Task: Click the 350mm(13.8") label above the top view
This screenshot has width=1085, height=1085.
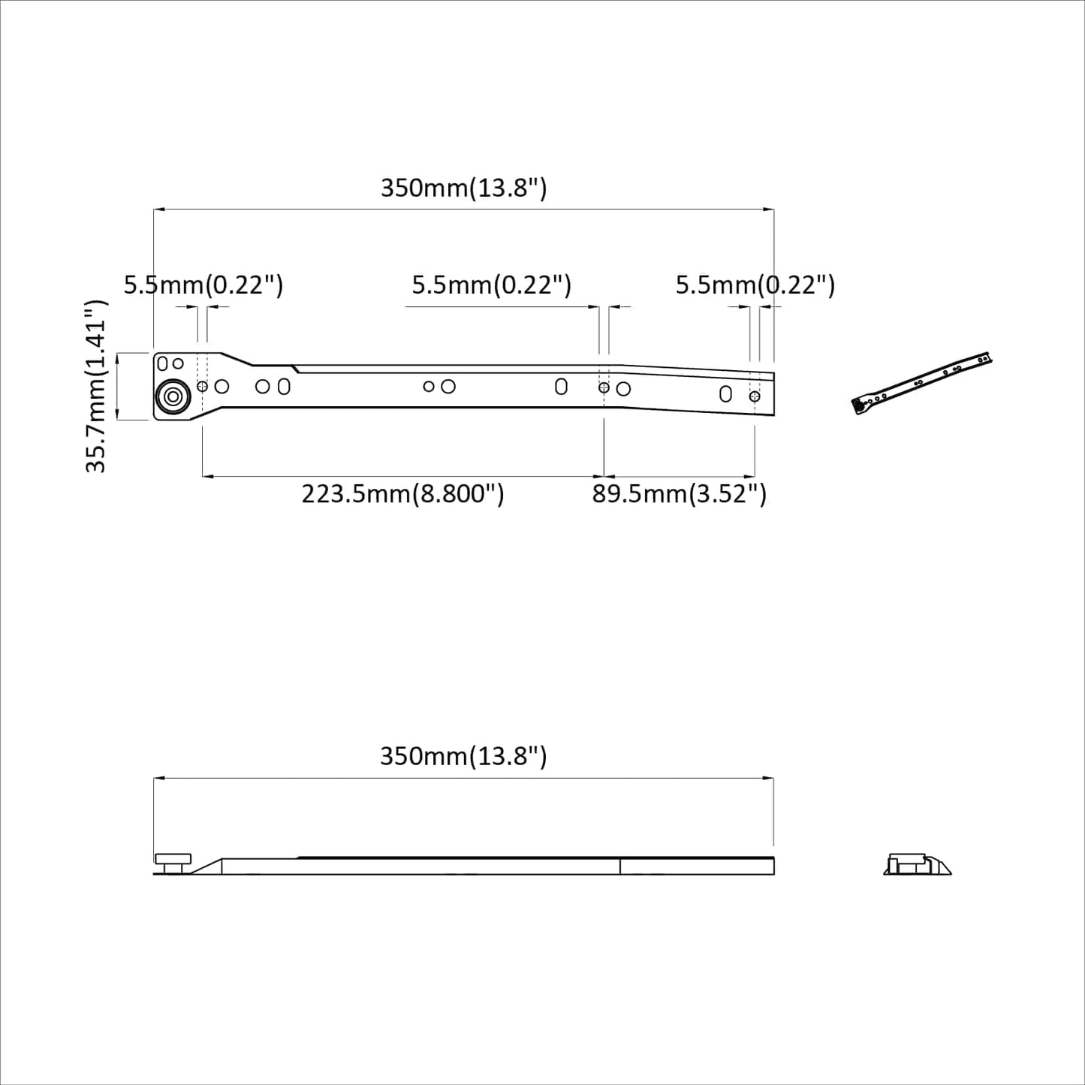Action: click(463, 188)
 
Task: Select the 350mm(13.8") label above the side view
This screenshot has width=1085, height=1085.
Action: click(463, 755)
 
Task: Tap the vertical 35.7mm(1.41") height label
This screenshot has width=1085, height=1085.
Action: click(97, 386)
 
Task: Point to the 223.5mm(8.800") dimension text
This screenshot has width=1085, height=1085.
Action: click(402, 494)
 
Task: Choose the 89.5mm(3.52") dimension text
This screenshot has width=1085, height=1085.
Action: click(679, 494)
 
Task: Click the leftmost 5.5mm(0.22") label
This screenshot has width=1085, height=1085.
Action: click(203, 285)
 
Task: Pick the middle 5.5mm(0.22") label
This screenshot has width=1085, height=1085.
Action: click(492, 285)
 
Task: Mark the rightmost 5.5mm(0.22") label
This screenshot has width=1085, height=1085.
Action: click(755, 285)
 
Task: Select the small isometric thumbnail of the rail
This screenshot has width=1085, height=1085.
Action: click(922, 384)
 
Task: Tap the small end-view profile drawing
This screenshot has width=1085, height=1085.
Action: click(917, 864)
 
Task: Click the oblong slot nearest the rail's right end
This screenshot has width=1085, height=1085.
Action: click(725, 393)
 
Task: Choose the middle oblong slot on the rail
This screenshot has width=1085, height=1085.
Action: click(561, 386)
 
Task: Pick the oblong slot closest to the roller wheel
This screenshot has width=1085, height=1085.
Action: click(284, 387)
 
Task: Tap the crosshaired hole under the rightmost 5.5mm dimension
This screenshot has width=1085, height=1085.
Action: click(755, 396)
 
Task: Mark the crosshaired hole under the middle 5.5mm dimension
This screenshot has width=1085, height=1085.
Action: click(604, 387)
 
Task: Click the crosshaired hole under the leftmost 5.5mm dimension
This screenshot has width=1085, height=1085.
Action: click(202, 386)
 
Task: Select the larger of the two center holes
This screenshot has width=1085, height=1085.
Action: click(448, 386)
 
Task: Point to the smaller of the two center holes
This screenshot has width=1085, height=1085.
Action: click(429, 387)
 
